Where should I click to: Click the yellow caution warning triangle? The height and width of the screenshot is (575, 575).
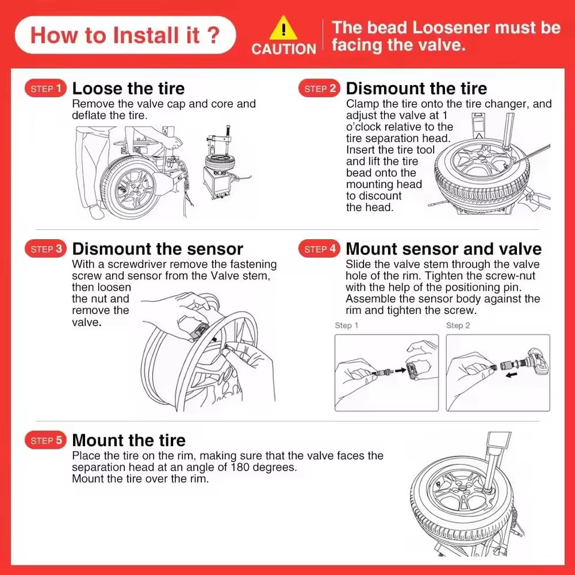click(x=283, y=29)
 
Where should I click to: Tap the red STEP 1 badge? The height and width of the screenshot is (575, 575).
click(x=45, y=89)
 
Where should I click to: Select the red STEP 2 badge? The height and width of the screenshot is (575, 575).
click(x=319, y=89)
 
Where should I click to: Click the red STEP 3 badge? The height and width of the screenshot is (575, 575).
click(x=45, y=249)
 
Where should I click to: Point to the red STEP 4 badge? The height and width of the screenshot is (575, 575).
click(x=319, y=249)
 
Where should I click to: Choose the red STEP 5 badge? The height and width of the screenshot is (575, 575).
click(x=45, y=440)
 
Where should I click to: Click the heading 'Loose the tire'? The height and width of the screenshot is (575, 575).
click(x=128, y=89)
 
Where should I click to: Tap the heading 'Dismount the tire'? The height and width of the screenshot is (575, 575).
click(x=416, y=89)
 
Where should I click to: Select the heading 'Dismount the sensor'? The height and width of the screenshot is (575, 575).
click(x=158, y=249)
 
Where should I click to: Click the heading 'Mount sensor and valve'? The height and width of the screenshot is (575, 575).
click(x=443, y=249)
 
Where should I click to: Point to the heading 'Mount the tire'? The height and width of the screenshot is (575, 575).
click(x=129, y=440)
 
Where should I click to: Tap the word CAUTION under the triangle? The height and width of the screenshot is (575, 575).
click(x=283, y=49)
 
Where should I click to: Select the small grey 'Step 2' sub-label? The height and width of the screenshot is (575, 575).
click(x=458, y=325)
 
